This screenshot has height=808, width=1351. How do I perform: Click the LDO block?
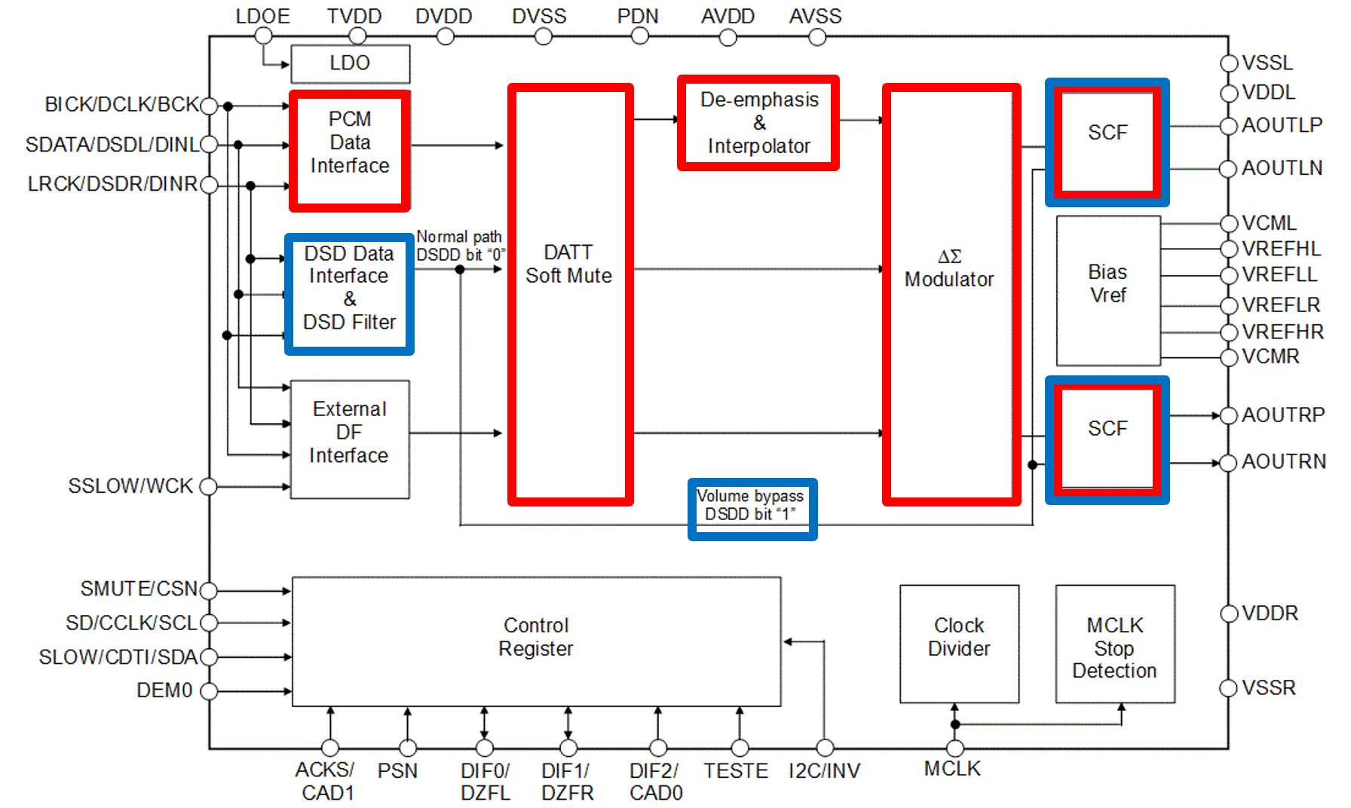(x=351, y=64)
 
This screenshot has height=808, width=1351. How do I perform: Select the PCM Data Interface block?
(x=350, y=150)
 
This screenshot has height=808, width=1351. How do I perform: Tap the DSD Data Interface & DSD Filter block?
(x=349, y=293)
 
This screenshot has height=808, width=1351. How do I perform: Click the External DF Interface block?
(x=350, y=439)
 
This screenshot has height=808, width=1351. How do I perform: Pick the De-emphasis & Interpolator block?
(x=758, y=123)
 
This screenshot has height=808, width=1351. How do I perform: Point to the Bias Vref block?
(x=1108, y=290)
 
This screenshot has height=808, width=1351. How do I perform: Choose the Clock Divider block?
(x=959, y=644)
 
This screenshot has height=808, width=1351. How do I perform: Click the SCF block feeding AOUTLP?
(x=1107, y=142)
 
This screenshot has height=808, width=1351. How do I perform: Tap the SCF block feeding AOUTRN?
(x=1107, y=439)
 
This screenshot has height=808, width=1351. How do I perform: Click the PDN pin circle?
(x=640, y=36)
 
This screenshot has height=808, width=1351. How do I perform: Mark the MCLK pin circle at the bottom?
(x=955, y=748)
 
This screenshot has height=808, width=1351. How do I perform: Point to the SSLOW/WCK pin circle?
(x=209, y=487)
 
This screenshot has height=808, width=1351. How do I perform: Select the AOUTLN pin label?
(x=1282, y=168)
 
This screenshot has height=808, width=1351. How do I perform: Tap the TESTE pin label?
(x=736, y=771)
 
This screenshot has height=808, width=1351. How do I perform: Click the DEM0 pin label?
(x=164, y=690)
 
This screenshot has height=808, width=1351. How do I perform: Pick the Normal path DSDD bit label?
(x=460, y=246)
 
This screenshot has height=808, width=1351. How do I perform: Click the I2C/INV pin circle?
(x=826, y=748)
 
